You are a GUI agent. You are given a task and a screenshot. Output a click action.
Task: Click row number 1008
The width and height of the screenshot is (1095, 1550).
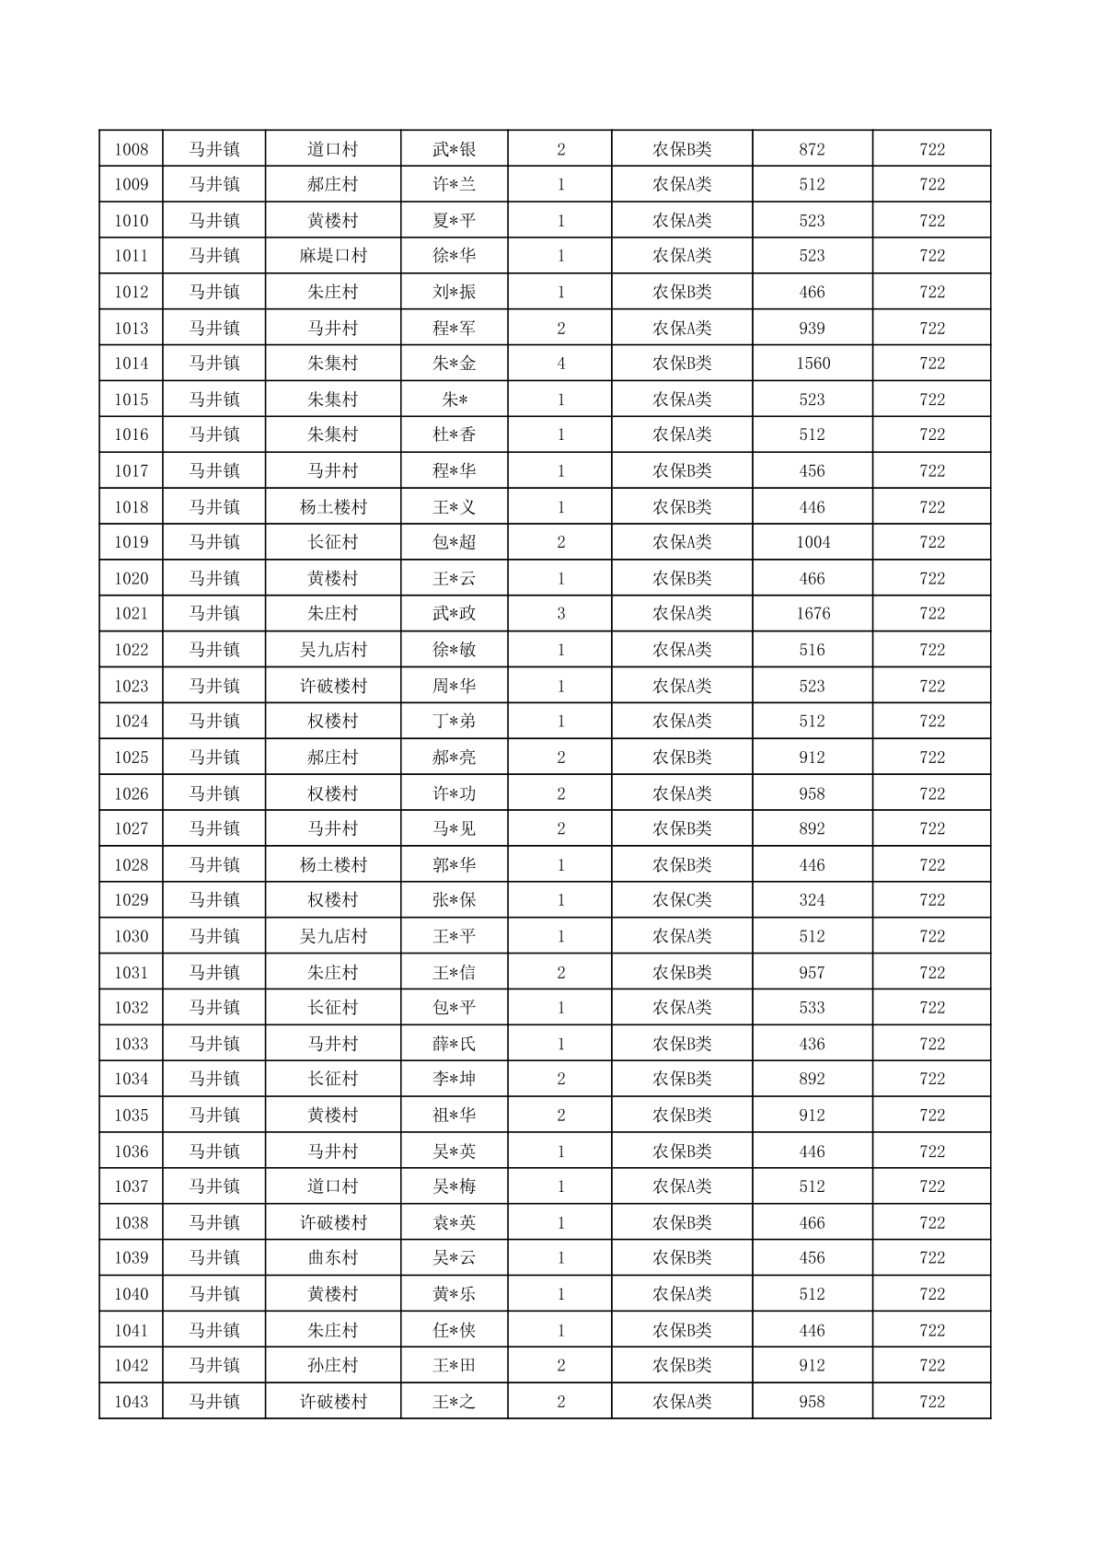coord(131,149)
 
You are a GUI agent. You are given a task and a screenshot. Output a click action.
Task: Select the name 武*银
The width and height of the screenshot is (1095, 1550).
coord(455,149)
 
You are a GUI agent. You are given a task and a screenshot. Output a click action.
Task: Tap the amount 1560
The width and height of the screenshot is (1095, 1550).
coord(813,364)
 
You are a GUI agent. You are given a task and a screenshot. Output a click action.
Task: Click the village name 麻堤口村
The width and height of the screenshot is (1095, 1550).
coord(333,256)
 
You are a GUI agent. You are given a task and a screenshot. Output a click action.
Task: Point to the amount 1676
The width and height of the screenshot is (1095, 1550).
coord(813,614)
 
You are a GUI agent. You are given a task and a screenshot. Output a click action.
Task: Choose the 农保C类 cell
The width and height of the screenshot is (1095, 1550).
coord(682,900)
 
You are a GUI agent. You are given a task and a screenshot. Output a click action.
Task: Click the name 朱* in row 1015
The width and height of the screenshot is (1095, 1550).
coord(455,399)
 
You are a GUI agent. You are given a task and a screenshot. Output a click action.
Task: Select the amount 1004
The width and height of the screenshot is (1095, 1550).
coord(813,542)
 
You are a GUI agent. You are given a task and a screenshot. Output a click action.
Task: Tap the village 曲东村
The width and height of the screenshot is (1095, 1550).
coord(333,1258)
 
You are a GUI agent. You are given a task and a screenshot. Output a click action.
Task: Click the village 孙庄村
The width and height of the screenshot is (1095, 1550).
coord(333,1366)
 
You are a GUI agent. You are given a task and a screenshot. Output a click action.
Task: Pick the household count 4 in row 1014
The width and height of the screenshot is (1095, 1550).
coord(560,364)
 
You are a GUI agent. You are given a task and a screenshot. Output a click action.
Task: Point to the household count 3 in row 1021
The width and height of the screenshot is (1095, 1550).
coord(560,614)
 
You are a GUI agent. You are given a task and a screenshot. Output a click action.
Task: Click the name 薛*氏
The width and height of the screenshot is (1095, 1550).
coord(455,1044)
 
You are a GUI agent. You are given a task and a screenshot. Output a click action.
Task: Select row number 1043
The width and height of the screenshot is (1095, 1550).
coord(131,1402)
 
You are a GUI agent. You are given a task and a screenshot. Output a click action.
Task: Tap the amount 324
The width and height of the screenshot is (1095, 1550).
coord(813,900)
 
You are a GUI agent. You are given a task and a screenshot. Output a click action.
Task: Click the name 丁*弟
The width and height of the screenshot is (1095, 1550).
coord(455,722)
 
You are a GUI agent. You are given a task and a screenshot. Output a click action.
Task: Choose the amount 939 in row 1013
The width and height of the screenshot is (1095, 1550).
coord(813,329)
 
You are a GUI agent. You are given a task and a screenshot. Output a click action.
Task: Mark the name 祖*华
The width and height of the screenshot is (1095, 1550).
coord(455,1116)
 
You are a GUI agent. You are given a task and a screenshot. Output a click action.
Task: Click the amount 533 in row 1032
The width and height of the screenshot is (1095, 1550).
coord(813,1008)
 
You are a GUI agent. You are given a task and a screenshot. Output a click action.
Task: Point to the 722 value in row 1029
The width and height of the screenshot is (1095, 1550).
coord(932,900)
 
